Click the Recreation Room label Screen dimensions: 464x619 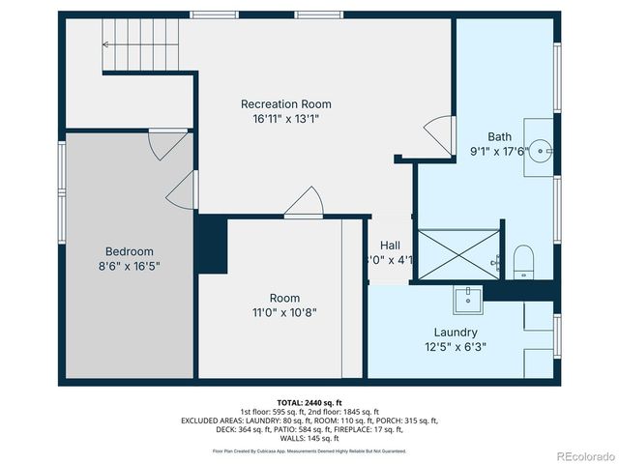(x=285, y=104)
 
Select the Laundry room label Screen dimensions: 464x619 (x=455, y=333)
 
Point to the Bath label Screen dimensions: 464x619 (x=500, y=136)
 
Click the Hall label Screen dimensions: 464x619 (x=390, y=246)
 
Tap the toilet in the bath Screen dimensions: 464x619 (x=523, y=259)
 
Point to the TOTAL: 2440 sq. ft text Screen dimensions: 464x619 (x=309, y=402)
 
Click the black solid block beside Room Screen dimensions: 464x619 (x=210, y=247)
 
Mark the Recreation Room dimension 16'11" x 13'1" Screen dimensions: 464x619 (x=285, y=119)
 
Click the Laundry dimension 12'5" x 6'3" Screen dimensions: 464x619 (x=455, y=346)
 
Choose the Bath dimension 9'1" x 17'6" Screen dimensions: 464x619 (x=500, y=151)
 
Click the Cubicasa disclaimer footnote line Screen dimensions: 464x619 (x=309, y=450)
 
